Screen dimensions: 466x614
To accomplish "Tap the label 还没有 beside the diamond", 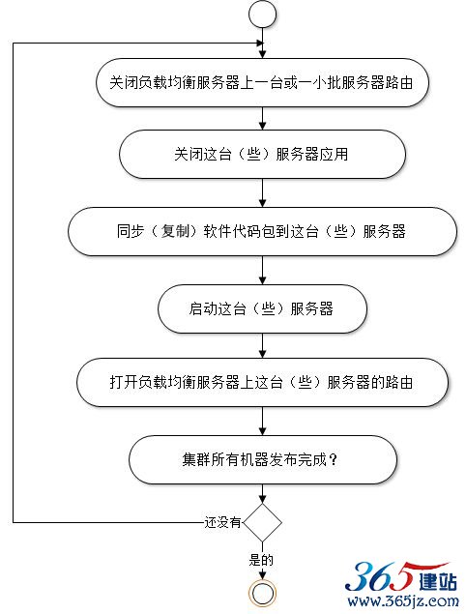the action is coord(222,522).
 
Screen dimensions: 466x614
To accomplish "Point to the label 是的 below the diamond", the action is coord(261,560).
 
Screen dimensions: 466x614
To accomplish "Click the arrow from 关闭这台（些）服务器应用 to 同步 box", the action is coord(262,193).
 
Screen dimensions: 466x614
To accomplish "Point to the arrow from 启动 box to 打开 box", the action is coord(262,346).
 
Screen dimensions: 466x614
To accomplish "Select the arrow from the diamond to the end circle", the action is coord(262,561).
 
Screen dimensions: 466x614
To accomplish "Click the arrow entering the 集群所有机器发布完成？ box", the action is coord(262,421).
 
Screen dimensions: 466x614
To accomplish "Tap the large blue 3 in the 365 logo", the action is coord(359,576).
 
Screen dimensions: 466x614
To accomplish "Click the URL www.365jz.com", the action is coord(403,600).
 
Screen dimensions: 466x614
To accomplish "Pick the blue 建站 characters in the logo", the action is coord(437,582).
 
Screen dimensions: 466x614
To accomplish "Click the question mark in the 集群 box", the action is coord(334,459).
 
